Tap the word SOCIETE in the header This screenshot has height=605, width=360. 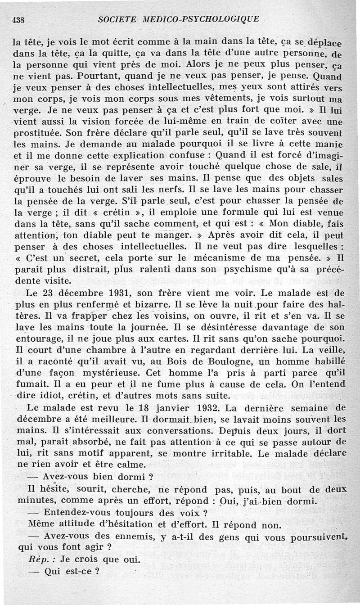click(118, 19)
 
